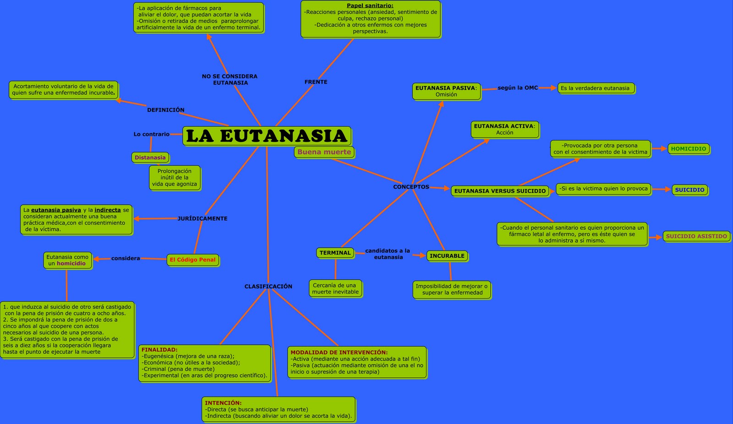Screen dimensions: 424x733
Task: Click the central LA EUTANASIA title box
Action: click(267, 136)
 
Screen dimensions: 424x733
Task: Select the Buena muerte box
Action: click(324, 152)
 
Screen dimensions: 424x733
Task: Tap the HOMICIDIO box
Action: click(688, 149)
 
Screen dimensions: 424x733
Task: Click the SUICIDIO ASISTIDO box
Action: click(696, 236)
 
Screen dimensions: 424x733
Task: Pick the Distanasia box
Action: click(150, 158)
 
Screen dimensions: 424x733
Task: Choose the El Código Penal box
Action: click(192, 260)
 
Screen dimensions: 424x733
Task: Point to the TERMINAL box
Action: click(335, 253)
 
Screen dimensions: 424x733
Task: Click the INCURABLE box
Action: click(447, 256)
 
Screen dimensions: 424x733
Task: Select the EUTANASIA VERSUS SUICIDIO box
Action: click(500, 191)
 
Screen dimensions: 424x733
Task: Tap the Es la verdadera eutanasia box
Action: click(595, 88)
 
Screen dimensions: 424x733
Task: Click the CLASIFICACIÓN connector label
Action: click(268, 287)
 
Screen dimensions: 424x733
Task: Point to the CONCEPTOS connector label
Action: click(411, 187)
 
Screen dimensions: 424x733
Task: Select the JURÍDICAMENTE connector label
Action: click(202, 219)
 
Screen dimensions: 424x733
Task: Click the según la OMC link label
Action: click(518, 88)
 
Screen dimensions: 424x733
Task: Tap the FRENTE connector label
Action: click(316, 82)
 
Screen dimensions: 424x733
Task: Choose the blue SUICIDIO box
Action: click(689, 190)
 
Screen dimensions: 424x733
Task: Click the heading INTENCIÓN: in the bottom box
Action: click(223, 403)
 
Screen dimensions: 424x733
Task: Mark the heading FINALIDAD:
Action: click(159, 350)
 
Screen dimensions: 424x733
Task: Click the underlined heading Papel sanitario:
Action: click(370, 6)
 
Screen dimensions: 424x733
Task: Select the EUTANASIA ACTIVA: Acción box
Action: click(504, 130)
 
